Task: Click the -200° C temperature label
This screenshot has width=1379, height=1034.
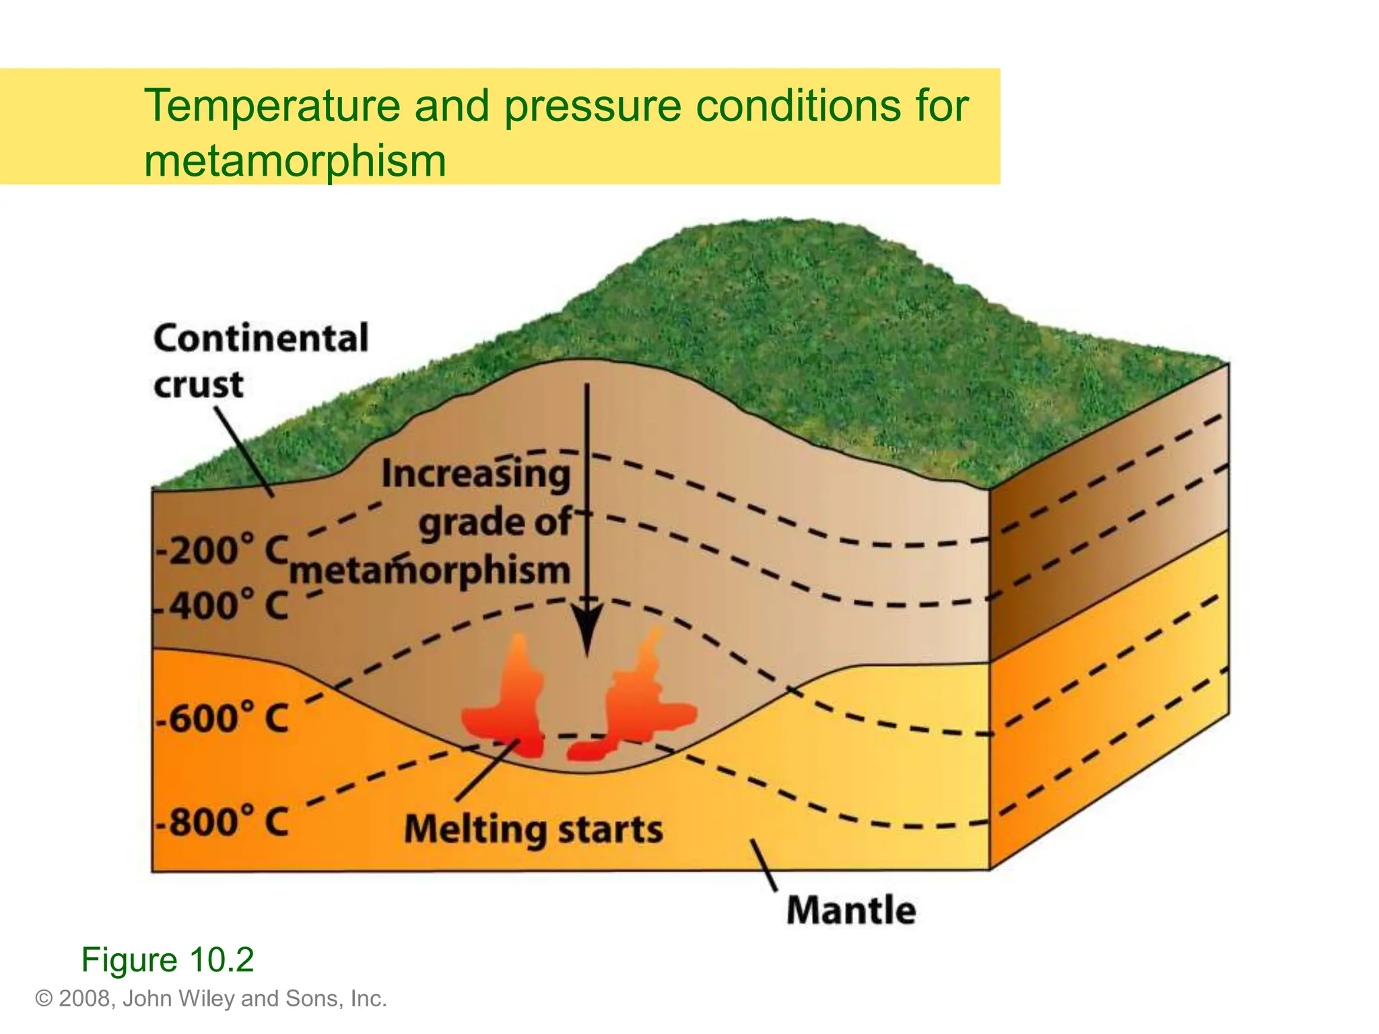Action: pos(222,551)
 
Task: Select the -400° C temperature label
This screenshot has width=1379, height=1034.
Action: pos(222,605)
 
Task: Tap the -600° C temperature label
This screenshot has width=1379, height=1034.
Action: pos(222,718)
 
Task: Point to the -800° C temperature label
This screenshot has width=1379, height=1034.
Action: pos(222,822)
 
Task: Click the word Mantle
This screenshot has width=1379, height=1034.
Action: pos(851,910)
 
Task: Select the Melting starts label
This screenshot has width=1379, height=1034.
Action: pos(533,829)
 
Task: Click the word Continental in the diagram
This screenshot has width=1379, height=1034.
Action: pos(261,338)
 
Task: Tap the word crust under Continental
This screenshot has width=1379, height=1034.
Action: pos(198,385)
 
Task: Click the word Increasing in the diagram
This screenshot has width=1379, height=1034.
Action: pos(475,474)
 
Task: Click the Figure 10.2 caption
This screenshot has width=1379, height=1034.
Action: pos(167,959)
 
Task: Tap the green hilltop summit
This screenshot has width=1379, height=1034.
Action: pos(795,232)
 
